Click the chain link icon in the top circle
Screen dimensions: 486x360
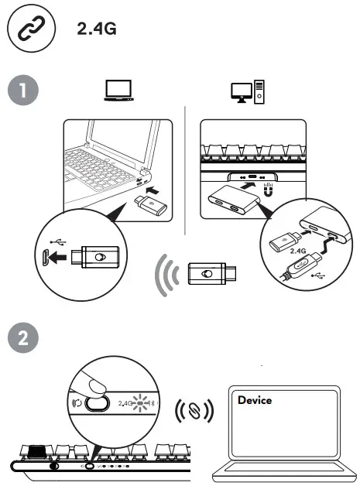coord(29,29)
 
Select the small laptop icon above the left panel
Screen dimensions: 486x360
coord(118,91)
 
